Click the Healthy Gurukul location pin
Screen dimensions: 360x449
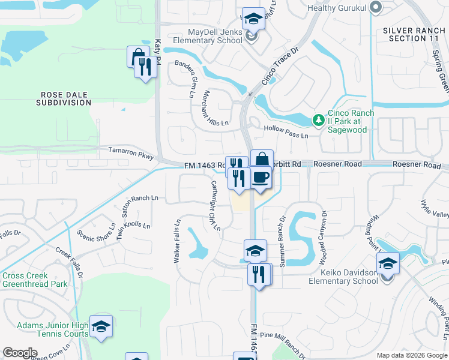376,8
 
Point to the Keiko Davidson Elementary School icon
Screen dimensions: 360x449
388,263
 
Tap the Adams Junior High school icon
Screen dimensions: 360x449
101,326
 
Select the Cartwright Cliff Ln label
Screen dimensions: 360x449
215,206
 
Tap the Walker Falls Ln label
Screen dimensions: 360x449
177,240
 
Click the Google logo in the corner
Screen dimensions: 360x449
20,353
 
